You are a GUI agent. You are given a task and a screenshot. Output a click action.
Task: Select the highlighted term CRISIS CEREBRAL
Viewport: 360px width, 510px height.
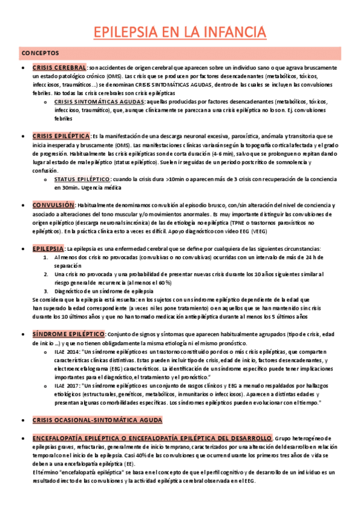[59, 67]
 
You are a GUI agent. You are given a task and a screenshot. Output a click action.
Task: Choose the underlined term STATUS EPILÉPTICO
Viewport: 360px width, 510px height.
[82, 179]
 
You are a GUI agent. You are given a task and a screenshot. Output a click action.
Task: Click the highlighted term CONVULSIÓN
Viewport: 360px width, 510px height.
[53, 205]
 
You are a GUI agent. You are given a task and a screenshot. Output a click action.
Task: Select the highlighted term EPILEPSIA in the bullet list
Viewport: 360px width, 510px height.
[48, 248]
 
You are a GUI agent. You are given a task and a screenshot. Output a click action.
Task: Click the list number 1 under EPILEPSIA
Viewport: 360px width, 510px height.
[47, 257]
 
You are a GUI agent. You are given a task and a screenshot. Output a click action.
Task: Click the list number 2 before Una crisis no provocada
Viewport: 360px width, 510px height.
[47, 274]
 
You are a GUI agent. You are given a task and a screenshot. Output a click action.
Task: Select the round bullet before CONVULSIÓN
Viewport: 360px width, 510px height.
[23, 205]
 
